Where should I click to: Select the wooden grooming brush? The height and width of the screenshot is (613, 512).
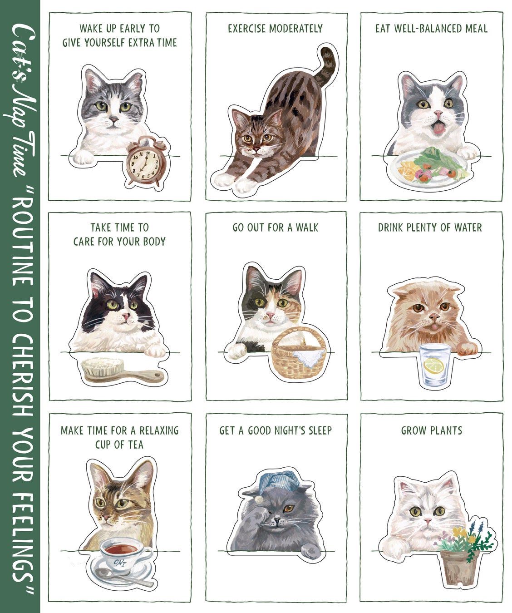[121, 371]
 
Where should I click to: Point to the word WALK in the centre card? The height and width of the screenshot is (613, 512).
[307, 227]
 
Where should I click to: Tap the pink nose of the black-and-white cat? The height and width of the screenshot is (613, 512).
[125, 316]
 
